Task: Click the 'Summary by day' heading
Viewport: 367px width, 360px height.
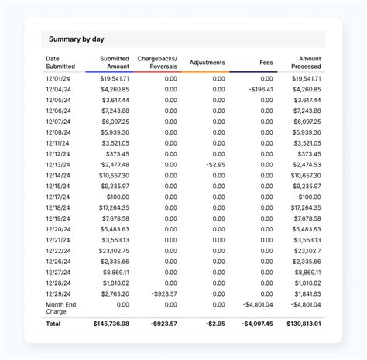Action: (76, 39)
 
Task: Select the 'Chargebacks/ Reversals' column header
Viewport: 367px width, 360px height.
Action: (157, 63)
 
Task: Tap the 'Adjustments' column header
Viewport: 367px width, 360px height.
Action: (207, 63)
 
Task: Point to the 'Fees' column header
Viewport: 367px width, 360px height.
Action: (266, 63)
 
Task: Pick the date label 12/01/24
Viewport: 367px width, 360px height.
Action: (58, 78)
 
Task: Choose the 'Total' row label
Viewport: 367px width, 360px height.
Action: (53, 324)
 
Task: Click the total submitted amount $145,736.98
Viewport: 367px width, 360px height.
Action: (111, 324)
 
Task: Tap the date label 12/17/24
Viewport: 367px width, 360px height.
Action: (58, 197)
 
